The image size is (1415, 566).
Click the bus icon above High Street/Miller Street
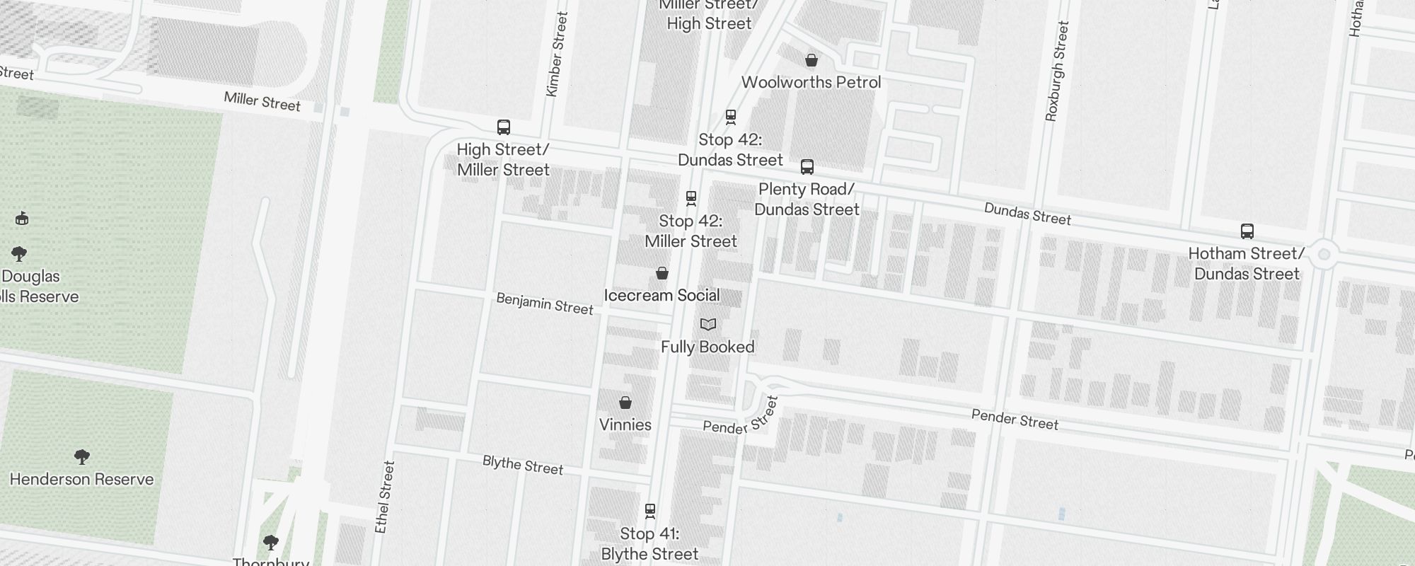[x=504, y=127]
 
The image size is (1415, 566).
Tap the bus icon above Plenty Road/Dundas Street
[x=807, y=167]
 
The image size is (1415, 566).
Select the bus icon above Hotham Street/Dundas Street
[x=1247, y=231]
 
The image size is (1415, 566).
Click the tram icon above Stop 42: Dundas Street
[x=731, y=117]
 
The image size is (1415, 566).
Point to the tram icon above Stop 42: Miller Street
[x=691, y=198]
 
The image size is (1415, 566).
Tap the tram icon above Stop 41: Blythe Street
[x=650, y=510]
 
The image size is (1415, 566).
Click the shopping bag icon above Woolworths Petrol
[x=812, y=60]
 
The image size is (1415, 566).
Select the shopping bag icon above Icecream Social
[x=662, y=273]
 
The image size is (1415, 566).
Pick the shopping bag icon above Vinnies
[x=625, y=403]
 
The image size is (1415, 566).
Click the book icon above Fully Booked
[x=708, y=325]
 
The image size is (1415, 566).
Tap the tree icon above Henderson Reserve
[x=82, y=456]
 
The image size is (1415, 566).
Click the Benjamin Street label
[x=545, y=304]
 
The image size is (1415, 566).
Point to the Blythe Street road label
[x=523, y=465]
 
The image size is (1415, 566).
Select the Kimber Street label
[x=558, y=54]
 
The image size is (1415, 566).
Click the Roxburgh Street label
[x=1056, y=71]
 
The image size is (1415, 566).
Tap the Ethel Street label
[x=385, y=497]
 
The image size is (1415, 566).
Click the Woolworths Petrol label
[x=811, y=82]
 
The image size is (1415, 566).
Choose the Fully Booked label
[x=707, y=347]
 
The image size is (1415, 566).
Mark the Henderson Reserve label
[x=82, y=479]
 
